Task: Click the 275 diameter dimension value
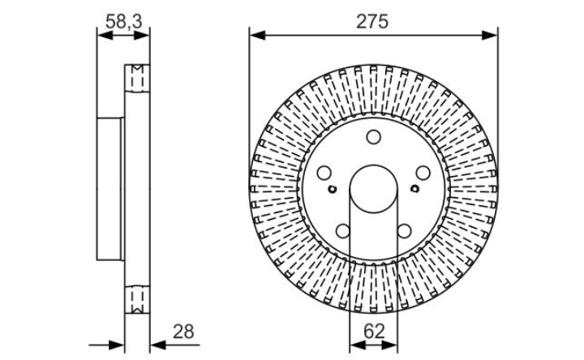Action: (x=372, y=22)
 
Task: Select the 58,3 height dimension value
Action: (x=123, y=22)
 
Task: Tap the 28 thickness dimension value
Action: (x=183, y=332)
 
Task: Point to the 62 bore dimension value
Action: (x=374, y=331)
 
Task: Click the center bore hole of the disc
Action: (x=374, y=189)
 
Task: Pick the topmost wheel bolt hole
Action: (x=373, y=137)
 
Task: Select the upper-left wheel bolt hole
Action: (x=324, y=173)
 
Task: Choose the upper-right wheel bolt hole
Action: (x=423, y=173)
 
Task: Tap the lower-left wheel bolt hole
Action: (x=342, y=231)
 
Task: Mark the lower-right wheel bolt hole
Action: (x=404, y=231)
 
